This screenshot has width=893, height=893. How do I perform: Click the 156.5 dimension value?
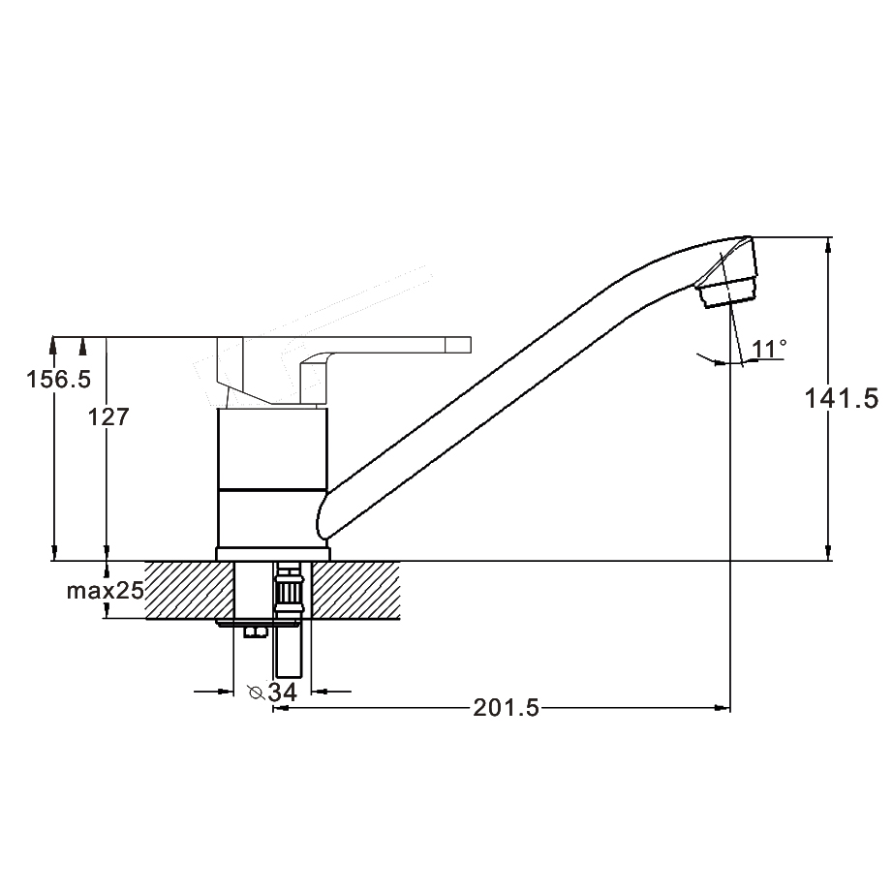point(59,380)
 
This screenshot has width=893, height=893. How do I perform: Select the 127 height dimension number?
point(108,417)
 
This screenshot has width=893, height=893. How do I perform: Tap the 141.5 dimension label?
point(841,398)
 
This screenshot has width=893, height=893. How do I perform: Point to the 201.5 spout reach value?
point(506,708)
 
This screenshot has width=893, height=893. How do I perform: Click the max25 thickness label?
point(106,591)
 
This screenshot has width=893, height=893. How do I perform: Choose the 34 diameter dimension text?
point(283,693)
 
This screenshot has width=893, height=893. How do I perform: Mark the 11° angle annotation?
point(769,349)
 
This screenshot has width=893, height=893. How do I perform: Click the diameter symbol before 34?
point(255,693)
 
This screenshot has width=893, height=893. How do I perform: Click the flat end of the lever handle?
point(458,345)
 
